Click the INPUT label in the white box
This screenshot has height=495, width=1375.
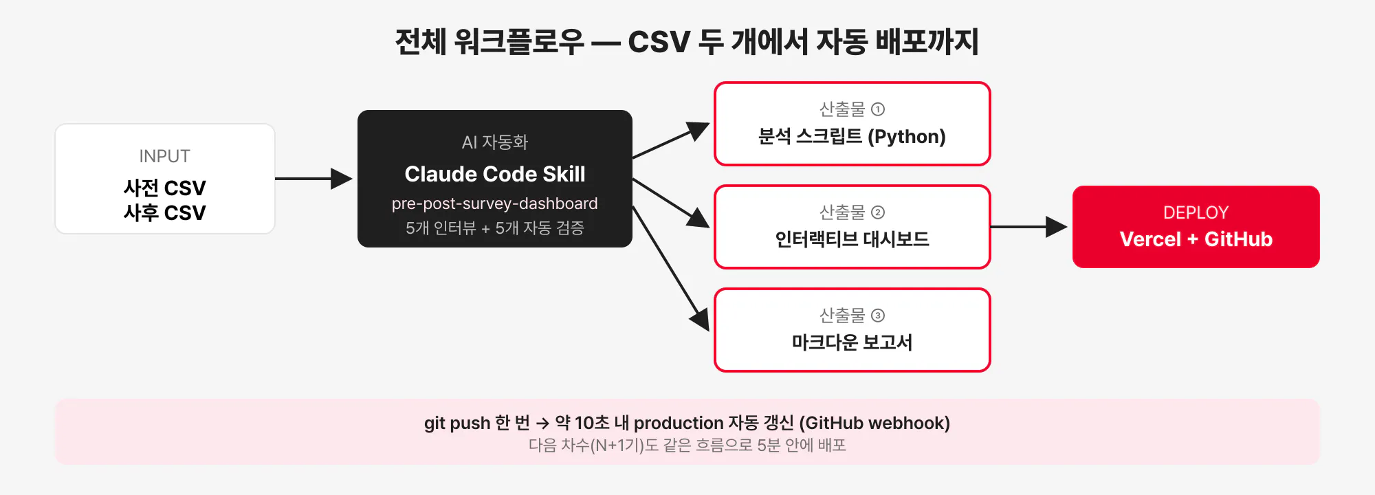click(164, 156)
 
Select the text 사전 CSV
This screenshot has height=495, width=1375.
click(164, 188)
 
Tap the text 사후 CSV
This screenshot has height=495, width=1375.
click(164, 212)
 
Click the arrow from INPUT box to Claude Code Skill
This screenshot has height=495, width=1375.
click(313, 179)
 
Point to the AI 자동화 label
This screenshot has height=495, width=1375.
click(495, 142)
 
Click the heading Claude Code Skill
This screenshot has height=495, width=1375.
click(495, 174)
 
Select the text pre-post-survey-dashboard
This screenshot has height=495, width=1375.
click(495, 203)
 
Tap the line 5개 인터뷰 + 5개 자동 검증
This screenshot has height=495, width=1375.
click(495, 228)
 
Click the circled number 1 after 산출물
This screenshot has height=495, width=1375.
click(878, 109)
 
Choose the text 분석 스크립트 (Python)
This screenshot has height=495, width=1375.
click(852, 136)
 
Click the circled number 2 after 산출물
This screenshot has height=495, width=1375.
click(878, 212)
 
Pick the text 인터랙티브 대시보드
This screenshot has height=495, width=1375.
click(852, 239)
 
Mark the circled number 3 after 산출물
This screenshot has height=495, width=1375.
click(878, 316)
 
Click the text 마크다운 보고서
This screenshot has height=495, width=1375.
click(852, 342)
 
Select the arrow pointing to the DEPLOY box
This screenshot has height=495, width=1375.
click(1028, 227)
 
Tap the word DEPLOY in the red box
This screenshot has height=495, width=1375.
click(1196, 212)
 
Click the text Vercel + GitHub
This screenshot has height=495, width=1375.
click(1196, 239)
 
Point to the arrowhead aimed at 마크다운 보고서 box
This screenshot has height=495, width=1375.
click(701, 319)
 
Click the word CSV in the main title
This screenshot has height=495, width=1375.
click(659, 42)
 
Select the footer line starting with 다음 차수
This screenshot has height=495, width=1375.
click(687, 445)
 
